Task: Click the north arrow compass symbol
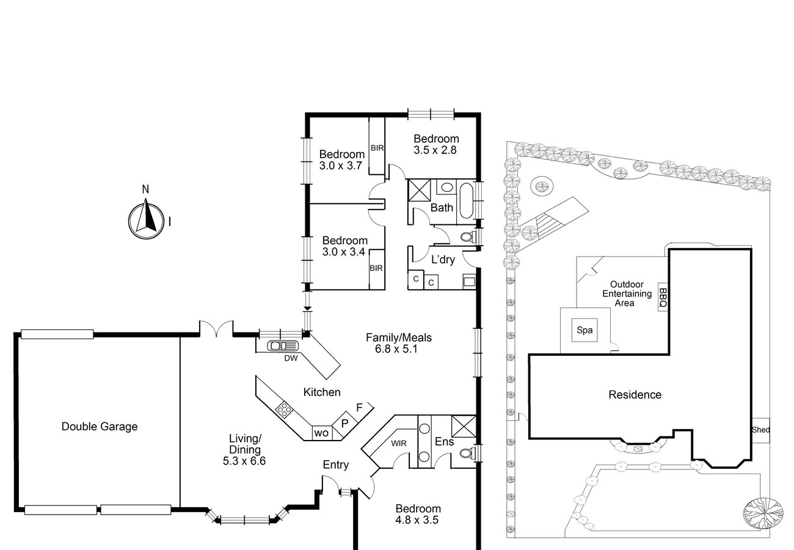tap(146, 220)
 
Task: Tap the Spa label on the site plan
tap(585, 330)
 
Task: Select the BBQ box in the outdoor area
tap(663, 297)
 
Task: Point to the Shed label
tap(760, 430)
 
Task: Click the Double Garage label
tap(100, 426)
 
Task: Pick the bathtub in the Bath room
tap(467, 200)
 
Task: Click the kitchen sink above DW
tap(283, 346)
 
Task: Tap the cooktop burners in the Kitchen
tap(284, 410)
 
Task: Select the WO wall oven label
tap(321, 433)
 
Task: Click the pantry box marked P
tap(344, 424)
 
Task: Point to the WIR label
tap(399, 443)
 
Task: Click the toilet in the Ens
tap(467, 453)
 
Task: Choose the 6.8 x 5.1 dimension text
tap(396, 349)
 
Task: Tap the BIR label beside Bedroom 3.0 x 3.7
tap(377, 148)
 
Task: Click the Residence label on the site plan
tap(635, 395)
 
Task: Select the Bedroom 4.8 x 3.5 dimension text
tap(417, 520)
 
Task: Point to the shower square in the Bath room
tap(420, 191)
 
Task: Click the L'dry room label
tap(443, 260)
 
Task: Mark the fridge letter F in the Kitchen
tap(359, 408)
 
